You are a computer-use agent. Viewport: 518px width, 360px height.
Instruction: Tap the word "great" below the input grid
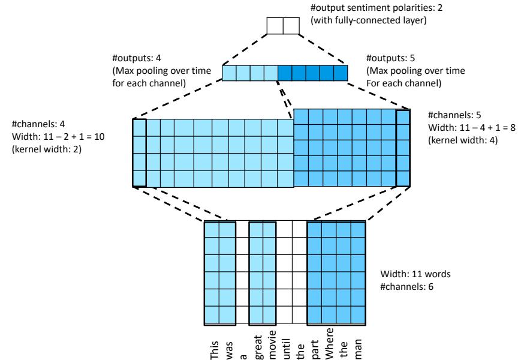click(255, 342)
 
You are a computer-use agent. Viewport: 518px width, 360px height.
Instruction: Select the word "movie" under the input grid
click(270, 341)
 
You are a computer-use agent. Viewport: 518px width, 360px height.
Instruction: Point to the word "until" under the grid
click(285, 343)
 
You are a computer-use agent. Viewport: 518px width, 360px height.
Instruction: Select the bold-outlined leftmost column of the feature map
click(138, 152)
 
